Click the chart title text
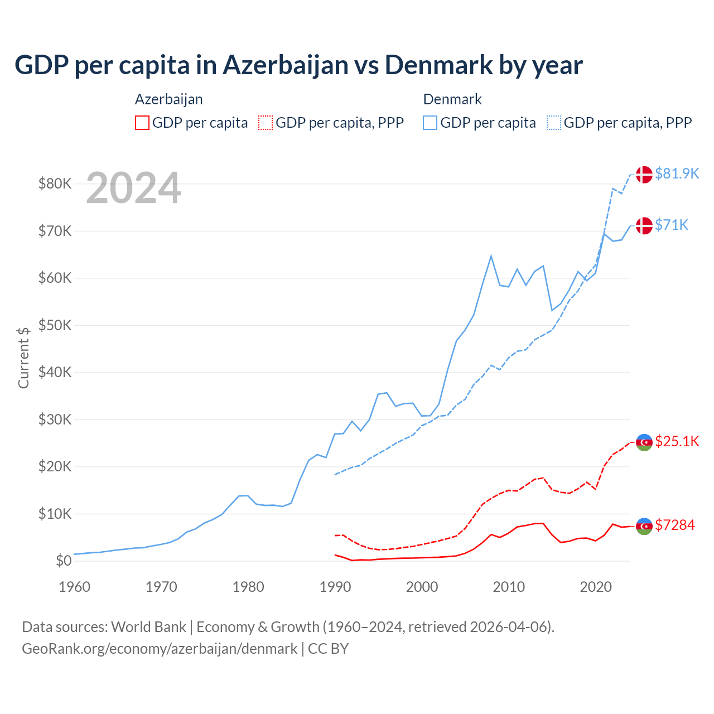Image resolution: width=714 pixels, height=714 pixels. coord(298,65)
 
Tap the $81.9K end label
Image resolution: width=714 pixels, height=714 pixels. coord(677,173)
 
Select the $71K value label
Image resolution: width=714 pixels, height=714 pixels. coord(672,225)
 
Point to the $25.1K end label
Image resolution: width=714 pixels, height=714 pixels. coord(677,441)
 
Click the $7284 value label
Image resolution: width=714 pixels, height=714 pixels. coord(675,525)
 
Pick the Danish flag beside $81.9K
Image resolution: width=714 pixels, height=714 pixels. coord(644,174)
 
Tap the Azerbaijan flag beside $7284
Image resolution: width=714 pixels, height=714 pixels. coord(644,526)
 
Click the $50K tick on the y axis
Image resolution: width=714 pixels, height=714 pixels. coord(55,325)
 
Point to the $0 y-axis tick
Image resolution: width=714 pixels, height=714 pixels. coord(64,561)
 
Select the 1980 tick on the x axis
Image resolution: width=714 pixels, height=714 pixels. coord(248,587)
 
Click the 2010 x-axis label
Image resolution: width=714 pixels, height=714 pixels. coord(509,587)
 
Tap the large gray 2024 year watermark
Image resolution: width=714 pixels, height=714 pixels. coord(133,188)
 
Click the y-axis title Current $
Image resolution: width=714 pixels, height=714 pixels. coord(23,357)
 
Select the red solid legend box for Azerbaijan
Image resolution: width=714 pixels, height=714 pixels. coord(142,123)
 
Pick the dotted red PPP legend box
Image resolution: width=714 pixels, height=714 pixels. coord(266,123)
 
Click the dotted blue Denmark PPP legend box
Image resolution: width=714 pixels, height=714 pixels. coord(554,123)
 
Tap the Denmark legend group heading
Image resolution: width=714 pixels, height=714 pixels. coord(452,99)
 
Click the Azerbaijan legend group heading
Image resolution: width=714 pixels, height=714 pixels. coord(168,99)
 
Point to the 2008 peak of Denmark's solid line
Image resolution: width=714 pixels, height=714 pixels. coord(491,256)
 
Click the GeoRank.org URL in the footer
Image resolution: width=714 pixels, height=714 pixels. coord(160,649)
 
